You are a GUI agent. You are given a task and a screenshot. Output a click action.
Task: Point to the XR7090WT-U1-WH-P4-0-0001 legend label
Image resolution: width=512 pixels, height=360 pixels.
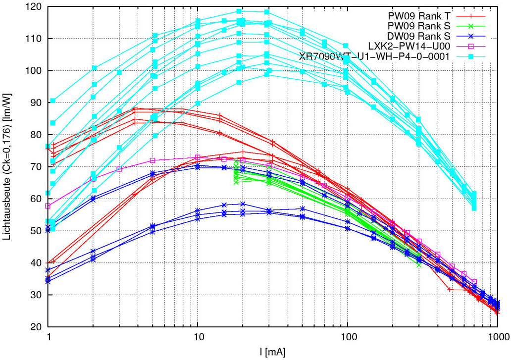point(374,56)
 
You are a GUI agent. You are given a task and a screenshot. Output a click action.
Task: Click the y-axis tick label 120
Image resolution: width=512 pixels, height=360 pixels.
point(33,7)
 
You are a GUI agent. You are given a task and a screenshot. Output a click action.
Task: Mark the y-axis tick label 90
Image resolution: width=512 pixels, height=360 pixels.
point(35,103)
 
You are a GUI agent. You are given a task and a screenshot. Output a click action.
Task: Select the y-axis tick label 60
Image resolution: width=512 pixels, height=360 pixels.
point(35,199)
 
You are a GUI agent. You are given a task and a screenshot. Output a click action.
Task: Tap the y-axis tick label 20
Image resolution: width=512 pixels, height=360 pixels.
point(35,327)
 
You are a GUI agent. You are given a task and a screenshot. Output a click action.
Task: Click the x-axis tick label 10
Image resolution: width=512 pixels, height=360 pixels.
point(198,337)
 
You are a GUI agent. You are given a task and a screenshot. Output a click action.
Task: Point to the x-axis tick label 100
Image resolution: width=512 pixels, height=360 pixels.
point(348,337)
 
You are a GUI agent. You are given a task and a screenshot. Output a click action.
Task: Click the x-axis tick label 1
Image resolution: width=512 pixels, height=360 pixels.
point(48,337)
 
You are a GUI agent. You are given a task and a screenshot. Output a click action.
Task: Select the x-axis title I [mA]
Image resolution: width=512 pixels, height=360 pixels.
point(271,352)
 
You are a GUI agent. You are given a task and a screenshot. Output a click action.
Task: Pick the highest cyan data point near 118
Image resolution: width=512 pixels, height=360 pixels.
point(239,11)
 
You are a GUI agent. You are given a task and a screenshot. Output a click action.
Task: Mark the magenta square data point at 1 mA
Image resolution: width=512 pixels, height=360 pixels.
point(48,206)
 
